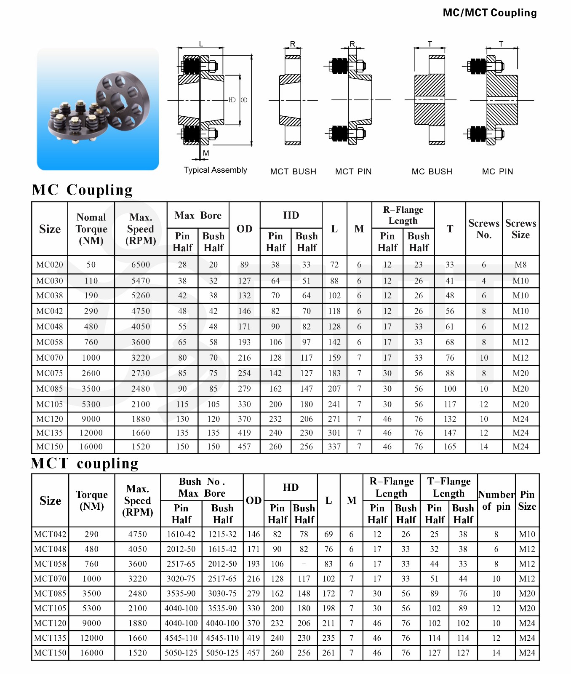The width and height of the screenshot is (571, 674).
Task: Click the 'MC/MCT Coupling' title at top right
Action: pos(489,13)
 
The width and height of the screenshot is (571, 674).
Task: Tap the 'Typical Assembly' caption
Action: pos(215,170)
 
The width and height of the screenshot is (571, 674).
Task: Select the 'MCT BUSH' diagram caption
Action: pos(293,171)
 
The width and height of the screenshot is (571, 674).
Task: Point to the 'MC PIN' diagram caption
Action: pos(497,171)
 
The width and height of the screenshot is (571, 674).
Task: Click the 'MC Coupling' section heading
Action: pos(83,190)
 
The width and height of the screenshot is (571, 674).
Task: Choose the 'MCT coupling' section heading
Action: pos(85,463)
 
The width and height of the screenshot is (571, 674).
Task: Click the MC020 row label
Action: pos(50,265)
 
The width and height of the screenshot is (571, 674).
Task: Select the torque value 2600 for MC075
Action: pos(91,373)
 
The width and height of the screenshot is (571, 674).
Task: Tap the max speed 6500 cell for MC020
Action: pos(141,265)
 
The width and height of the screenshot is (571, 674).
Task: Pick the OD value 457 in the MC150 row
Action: pos(244,447)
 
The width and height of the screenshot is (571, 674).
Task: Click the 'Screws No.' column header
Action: pos(484,229)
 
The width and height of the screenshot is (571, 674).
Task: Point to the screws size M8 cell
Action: pos(520,265)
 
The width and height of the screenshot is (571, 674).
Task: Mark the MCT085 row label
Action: pos(50,594)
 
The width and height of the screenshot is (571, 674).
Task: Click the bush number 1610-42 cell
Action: pos(181,534)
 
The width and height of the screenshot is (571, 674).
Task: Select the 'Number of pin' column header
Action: pos(496,500)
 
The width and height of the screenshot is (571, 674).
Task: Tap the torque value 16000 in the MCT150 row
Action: pos(91,653)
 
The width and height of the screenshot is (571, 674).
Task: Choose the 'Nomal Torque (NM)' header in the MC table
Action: pos(91,229)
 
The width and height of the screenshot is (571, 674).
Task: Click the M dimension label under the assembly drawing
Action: pos(206,153)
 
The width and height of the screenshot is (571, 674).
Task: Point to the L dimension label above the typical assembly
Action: pos(201,44)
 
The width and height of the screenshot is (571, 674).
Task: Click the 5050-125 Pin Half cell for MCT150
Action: pos(181,653)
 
